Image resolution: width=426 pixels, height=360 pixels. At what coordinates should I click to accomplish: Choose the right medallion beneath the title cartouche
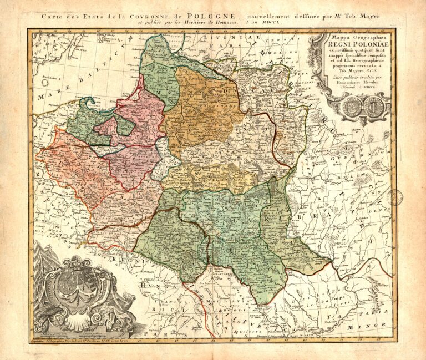(x=373, y=106)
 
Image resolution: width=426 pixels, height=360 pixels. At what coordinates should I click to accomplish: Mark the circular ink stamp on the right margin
(x=394, y=198)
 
